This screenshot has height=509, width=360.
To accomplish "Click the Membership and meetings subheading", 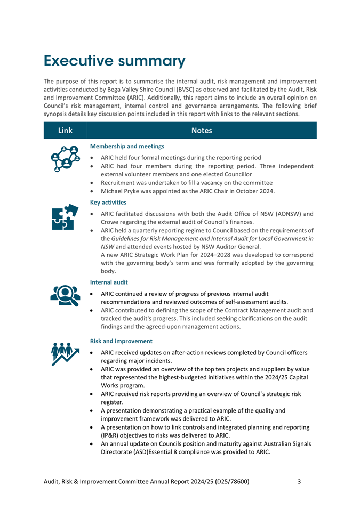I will [x=127, y=146].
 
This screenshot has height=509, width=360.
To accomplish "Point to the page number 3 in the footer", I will [x=299, y=482].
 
